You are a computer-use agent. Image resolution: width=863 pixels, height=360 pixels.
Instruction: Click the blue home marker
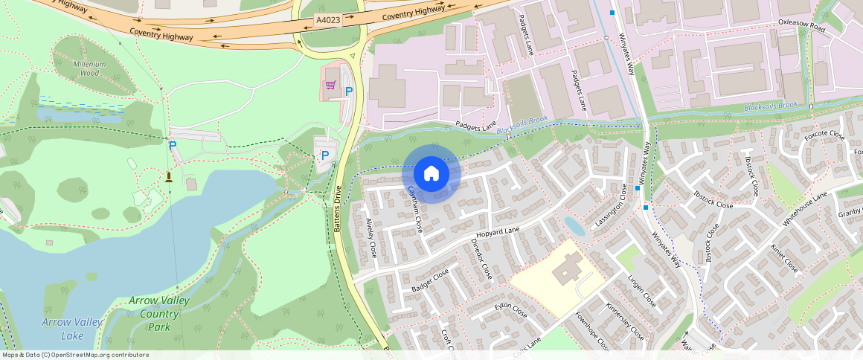pyautogui.click(x=431, y=173)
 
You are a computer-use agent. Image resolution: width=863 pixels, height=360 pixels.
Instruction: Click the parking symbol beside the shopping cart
pyautogui.click(x=348, y=92)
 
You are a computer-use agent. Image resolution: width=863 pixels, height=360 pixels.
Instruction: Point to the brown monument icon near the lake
pyautogui.click(x=169, y=176)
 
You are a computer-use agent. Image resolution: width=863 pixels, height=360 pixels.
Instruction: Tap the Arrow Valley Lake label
pyautogui.click(x=71, y=328)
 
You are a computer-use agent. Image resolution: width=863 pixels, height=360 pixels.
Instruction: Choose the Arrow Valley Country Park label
pyautogui.click(x=159, y=313)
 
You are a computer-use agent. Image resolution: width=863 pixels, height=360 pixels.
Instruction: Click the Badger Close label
pyautogui.click(x=430, y=280)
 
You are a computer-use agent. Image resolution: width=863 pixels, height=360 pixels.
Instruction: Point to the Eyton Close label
pyautogui.click(x=511, y=310)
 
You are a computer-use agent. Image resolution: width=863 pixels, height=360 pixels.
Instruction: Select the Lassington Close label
pyautogui.click(x=611, y=205)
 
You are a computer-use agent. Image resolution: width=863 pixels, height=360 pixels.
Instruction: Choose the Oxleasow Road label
pyautogui.click(x=802, y=27)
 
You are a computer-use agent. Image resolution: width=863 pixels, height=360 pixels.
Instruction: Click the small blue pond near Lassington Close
pyautogui.click(x=574, y=225)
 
